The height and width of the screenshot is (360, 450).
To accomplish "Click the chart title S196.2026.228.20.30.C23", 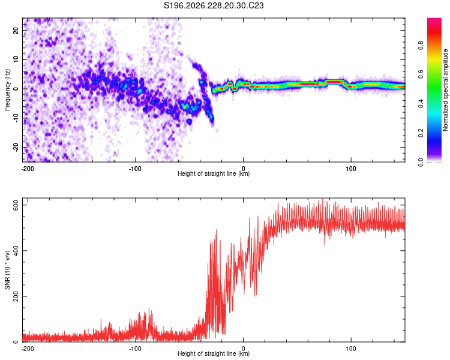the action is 214,5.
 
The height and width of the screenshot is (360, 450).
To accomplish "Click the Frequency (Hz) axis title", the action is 7,90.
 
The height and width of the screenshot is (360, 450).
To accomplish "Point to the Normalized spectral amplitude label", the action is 445,90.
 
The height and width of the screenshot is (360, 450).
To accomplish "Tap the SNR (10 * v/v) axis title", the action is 7,270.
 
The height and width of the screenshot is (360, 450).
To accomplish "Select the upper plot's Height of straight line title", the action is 214,173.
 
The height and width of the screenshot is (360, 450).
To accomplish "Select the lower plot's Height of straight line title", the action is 214,353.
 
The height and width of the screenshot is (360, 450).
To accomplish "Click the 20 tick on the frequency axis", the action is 16,30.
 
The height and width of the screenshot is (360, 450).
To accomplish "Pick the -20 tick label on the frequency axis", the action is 16,148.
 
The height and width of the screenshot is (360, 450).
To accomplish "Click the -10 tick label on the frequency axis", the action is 16,118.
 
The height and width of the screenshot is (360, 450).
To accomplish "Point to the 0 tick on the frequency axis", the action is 16,89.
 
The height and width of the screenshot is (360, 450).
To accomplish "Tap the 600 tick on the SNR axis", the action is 16,205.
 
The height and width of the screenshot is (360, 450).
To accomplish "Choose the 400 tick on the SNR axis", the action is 16,251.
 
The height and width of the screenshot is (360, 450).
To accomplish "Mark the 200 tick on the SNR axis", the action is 16,296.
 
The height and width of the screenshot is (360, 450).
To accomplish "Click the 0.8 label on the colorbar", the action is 421,46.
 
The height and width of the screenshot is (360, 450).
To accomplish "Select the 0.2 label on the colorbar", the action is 421,133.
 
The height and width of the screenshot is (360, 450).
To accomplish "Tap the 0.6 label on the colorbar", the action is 421,74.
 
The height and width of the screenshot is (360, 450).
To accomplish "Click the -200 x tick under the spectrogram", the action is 28,169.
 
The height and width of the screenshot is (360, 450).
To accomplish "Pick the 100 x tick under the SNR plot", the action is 351,349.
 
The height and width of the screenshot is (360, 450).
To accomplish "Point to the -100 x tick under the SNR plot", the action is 135,349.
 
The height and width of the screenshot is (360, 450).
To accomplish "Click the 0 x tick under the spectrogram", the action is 244,169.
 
